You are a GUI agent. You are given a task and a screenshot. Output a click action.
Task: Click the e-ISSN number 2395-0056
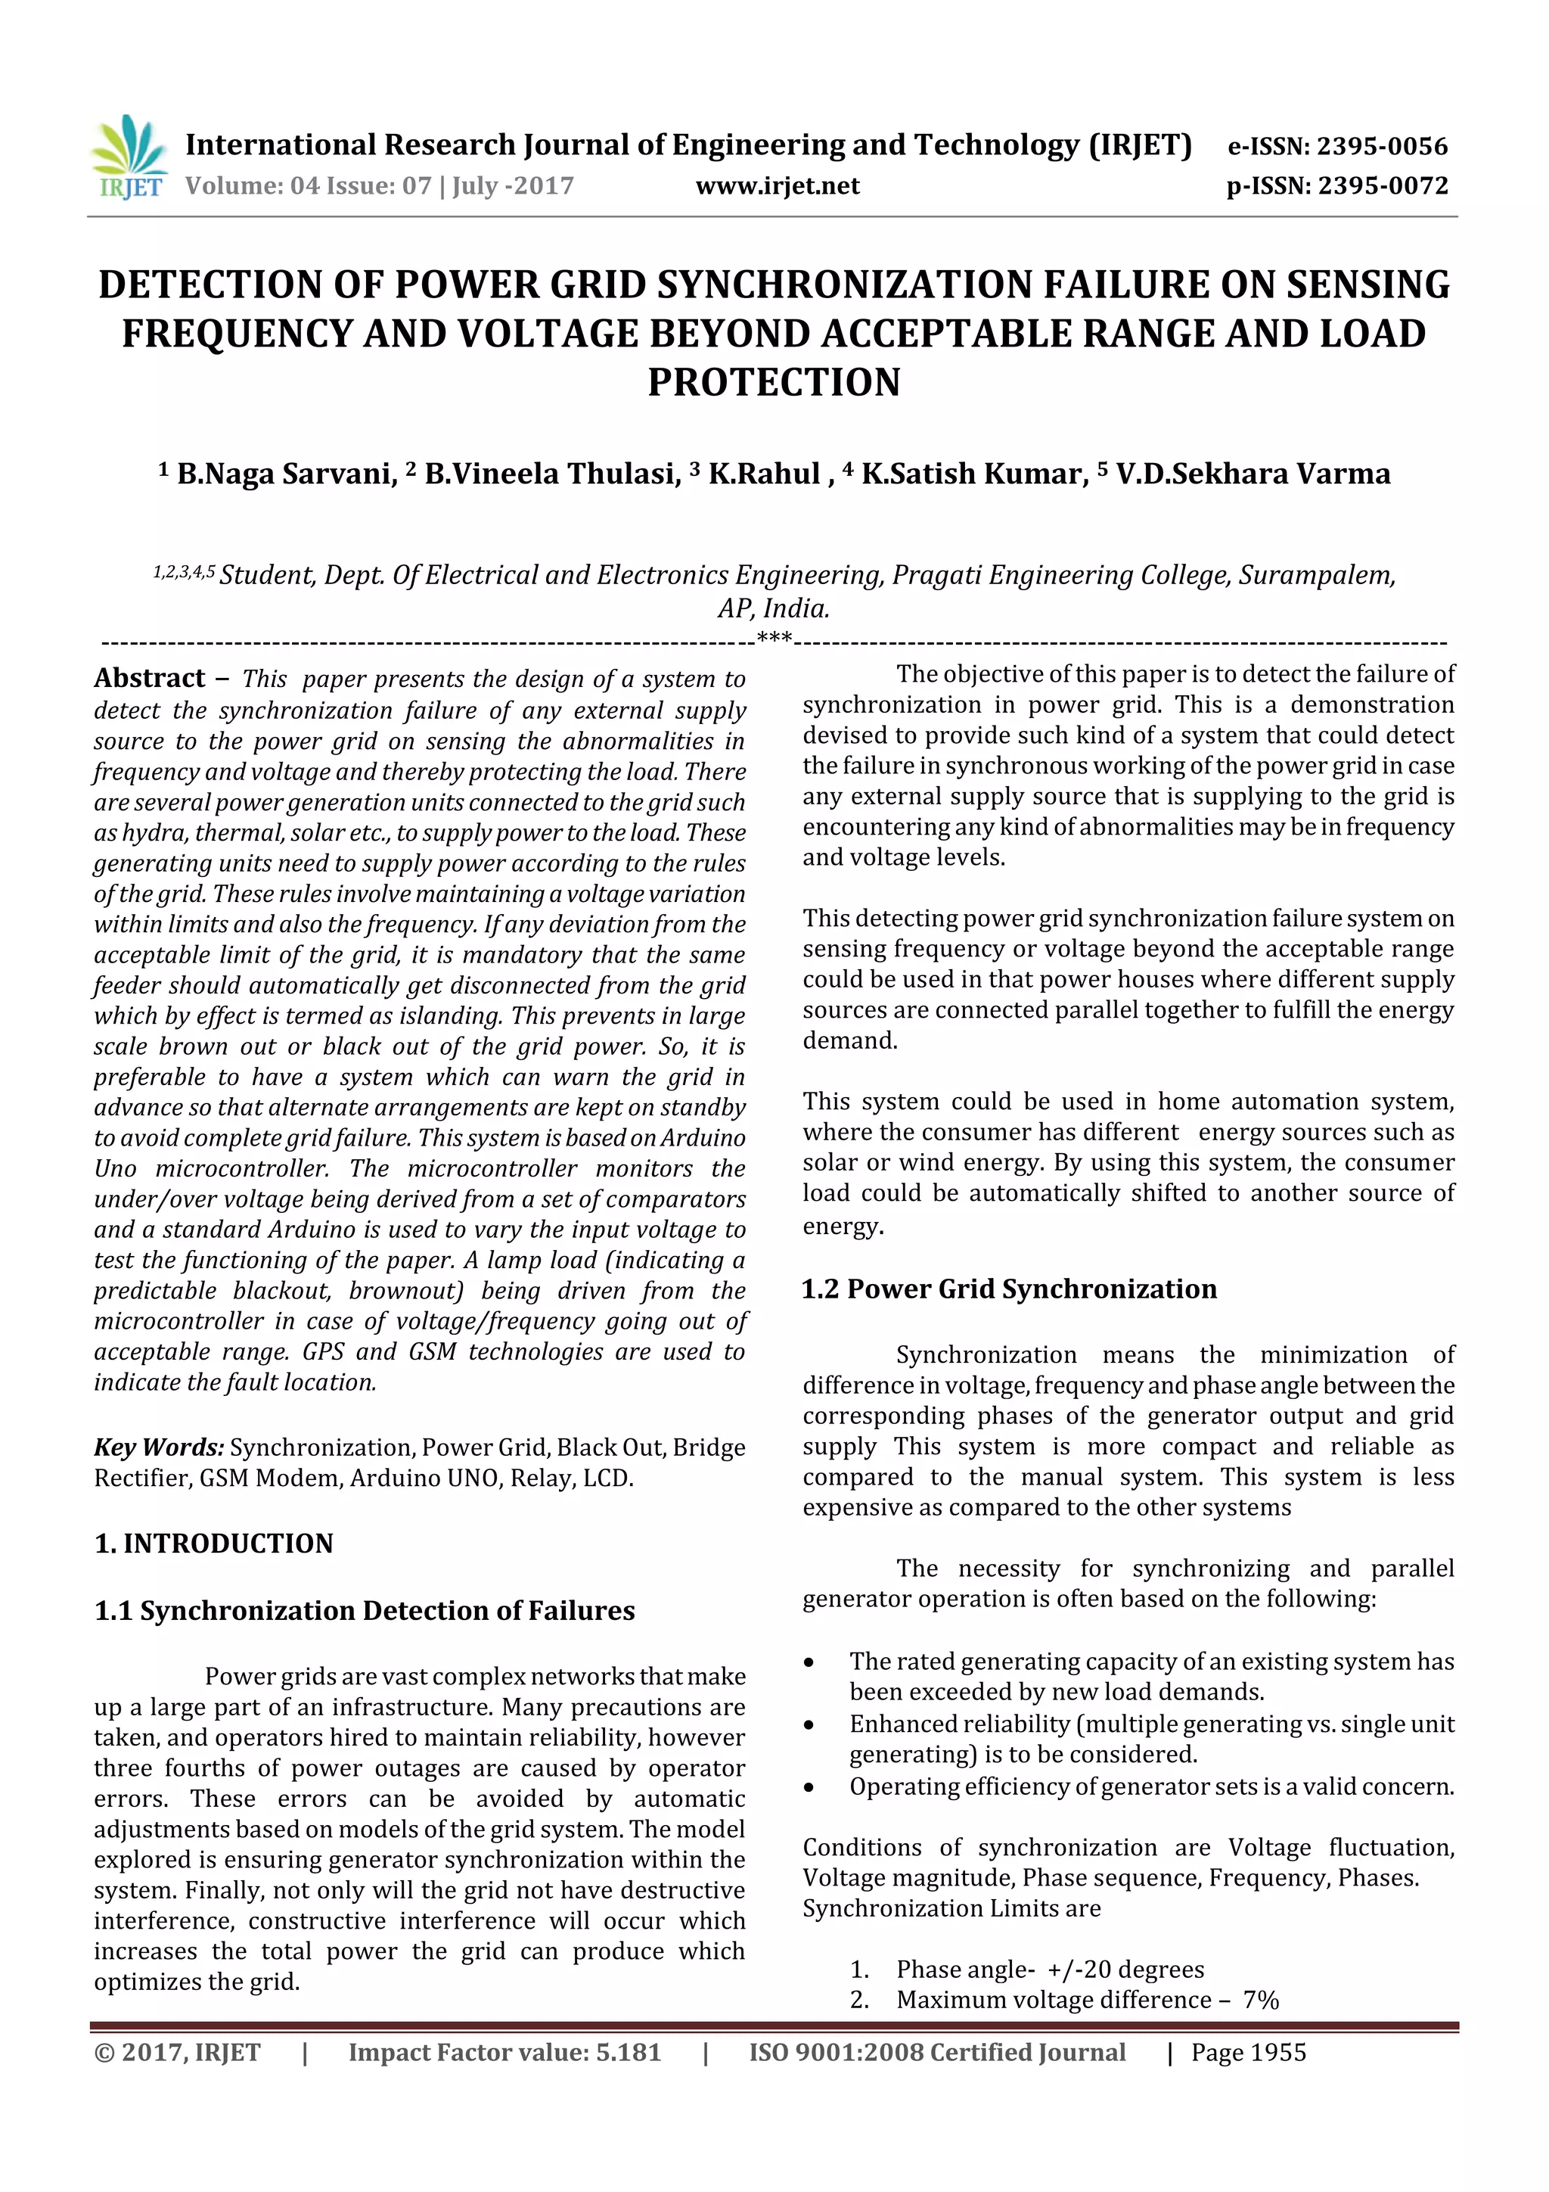(x=1381, y=146)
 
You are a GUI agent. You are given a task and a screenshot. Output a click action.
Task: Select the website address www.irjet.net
(x=777, y=185)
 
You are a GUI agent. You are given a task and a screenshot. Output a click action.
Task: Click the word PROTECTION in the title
(x=774, y=382)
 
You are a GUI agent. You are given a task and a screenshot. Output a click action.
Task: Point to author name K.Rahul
(x=763, y=474)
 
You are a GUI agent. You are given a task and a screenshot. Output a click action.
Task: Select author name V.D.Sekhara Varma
(x=1253, y=474)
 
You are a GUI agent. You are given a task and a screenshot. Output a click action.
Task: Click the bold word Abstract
(x=150, y=678)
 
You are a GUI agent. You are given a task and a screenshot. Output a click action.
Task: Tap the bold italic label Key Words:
(x=158, y=1447)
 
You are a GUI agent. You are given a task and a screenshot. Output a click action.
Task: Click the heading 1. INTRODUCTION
(x=214, y=1544)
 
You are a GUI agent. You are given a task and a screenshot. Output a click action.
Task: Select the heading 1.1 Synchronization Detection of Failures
(x=364, y=1611)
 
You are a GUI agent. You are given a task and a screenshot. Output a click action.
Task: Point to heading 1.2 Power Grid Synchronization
(x=1009, y=1289)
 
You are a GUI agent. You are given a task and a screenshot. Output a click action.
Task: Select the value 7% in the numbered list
(x=1260, y=2000)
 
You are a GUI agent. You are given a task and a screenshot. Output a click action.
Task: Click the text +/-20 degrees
(x=1125, y=1970)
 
